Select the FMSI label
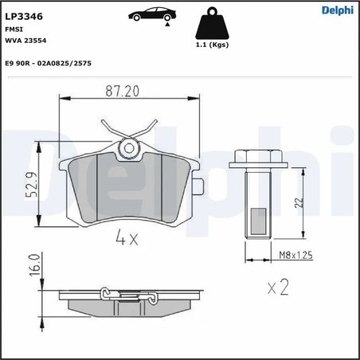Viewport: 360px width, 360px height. (15, 29)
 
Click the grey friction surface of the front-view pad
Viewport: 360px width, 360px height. (128, 187)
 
